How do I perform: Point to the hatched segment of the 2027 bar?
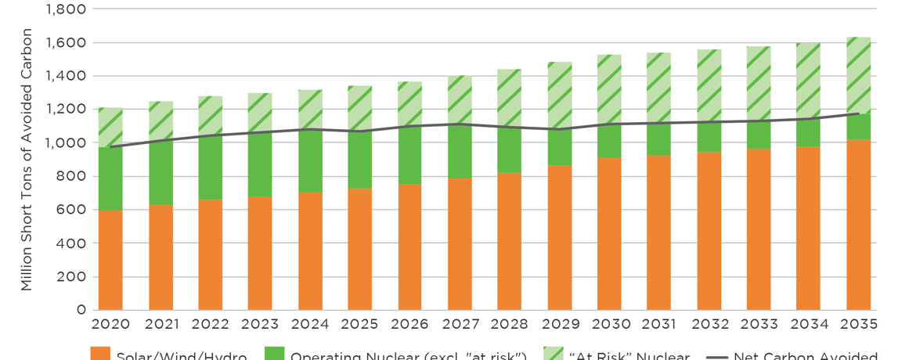(x=460, y=99)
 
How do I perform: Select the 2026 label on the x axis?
(x=409, y=324)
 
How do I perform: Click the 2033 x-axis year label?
(x=759, y=324)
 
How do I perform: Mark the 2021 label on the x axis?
(x=160, y=324)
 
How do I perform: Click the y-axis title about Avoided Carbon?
(x=27, y=160)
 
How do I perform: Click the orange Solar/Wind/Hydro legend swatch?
(x=100, y=354)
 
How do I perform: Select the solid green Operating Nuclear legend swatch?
(x=275, y=354)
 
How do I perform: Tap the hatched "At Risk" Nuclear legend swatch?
(x=554, y=354)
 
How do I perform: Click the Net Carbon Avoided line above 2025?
(x=360, y=131)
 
